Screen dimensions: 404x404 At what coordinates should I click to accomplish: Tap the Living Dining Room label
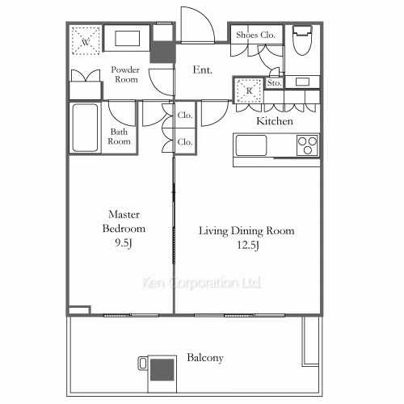[x=246, y=238]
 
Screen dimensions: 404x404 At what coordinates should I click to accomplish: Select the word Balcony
[x=205, y=357]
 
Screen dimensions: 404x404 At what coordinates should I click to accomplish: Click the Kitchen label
[x=274, y=121]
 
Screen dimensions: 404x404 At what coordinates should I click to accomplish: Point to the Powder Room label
[x=125, y=75]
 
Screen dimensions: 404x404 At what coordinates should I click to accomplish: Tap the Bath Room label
[x=120, y=136]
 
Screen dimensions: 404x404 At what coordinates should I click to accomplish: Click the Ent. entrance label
[x=202, y=70]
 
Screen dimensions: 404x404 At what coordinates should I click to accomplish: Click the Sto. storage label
[x=273, y=82]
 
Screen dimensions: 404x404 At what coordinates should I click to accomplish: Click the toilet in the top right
[x=304, y=40]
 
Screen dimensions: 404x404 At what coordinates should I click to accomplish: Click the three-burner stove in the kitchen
[x=307, y=145]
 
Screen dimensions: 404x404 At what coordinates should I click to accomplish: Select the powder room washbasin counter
[x=124, y=39]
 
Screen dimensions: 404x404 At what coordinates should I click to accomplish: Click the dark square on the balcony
[x=161, y=370]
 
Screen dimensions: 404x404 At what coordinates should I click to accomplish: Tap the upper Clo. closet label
[x=184, y=116]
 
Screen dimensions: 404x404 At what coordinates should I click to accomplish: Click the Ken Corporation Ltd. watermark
[x=201, y=284]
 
